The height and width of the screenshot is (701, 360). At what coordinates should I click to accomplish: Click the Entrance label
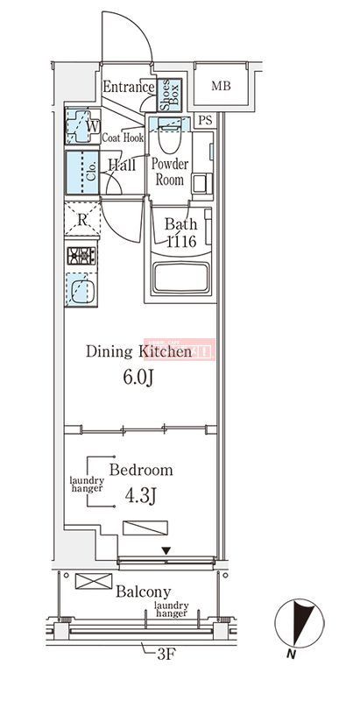point(128,87)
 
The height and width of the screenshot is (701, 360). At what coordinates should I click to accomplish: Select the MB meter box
point(221,86)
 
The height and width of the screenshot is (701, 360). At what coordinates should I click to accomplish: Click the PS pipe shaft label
point(205,120)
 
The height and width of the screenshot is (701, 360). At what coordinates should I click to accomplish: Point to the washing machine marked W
point(83,127)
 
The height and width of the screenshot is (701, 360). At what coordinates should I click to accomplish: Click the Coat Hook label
point(123,137)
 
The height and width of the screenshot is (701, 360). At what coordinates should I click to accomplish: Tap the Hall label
point(122,164)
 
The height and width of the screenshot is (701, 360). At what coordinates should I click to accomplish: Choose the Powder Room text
point(171,171)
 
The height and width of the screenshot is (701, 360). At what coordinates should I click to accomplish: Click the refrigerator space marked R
point(82,220)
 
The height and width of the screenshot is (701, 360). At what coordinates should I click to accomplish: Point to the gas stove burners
point(83,256)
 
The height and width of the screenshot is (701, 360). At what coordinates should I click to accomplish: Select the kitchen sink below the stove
point(83,287)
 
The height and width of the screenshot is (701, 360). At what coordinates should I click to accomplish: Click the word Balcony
point(144,591)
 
